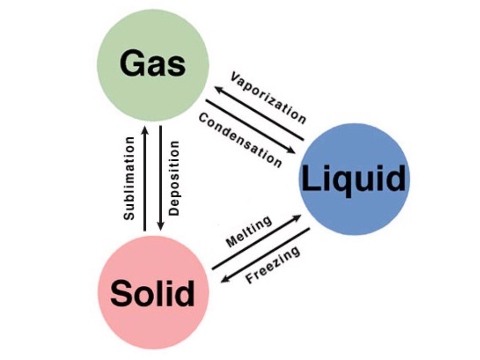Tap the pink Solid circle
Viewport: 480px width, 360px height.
pyautogui.click(x=152, y=293)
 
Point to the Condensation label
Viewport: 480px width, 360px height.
pyautogui.click(x=240, y=140)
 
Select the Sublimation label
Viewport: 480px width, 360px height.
pyautogui.click(x=129, y=178)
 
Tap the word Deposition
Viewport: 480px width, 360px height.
pyautogui.click(x=175, y=178)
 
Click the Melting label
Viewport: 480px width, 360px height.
pyautogui.click(x=249, y=232)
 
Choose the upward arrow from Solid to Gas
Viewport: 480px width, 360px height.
pyautogui.click(x=144, y=178)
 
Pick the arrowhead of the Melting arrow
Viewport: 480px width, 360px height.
pyautogui.click(x=298, y=217)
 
